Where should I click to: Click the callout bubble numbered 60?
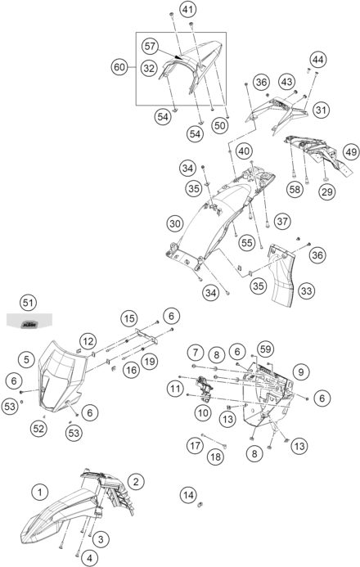click(119, 67)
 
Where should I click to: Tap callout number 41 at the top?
click(187, 9)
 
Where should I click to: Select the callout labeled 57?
click(150, 46)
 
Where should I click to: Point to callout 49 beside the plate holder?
click(351, 152)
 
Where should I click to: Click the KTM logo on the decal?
click(29, 325)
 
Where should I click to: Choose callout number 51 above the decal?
click(28, 302)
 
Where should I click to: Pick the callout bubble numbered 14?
click(188, 495)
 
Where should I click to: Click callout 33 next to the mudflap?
click(307, 290)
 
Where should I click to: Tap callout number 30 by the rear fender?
click(175, 224)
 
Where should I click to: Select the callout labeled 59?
click(265, 349)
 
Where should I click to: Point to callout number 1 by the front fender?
click(40, 492)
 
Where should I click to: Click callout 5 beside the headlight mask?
click(27, 359)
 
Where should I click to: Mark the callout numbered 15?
click(129, 318)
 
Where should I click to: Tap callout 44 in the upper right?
click(317, 59)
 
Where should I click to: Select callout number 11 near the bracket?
click(175, 389)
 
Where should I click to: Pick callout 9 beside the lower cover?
click(301, 371)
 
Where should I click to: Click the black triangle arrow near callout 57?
click(178, 56)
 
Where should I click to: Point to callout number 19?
click(150, 361)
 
